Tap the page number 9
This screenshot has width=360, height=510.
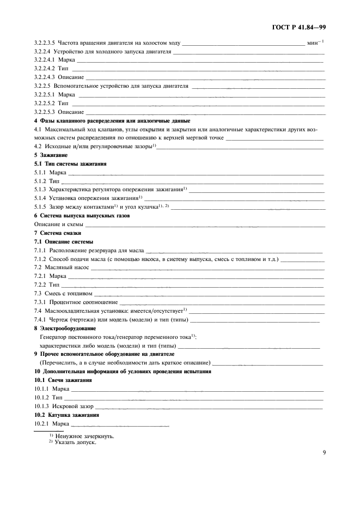[x=324, y=451]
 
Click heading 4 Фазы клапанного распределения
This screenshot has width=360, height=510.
[x=112, y=120]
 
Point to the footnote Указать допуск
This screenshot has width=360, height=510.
[x=75, y=442]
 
